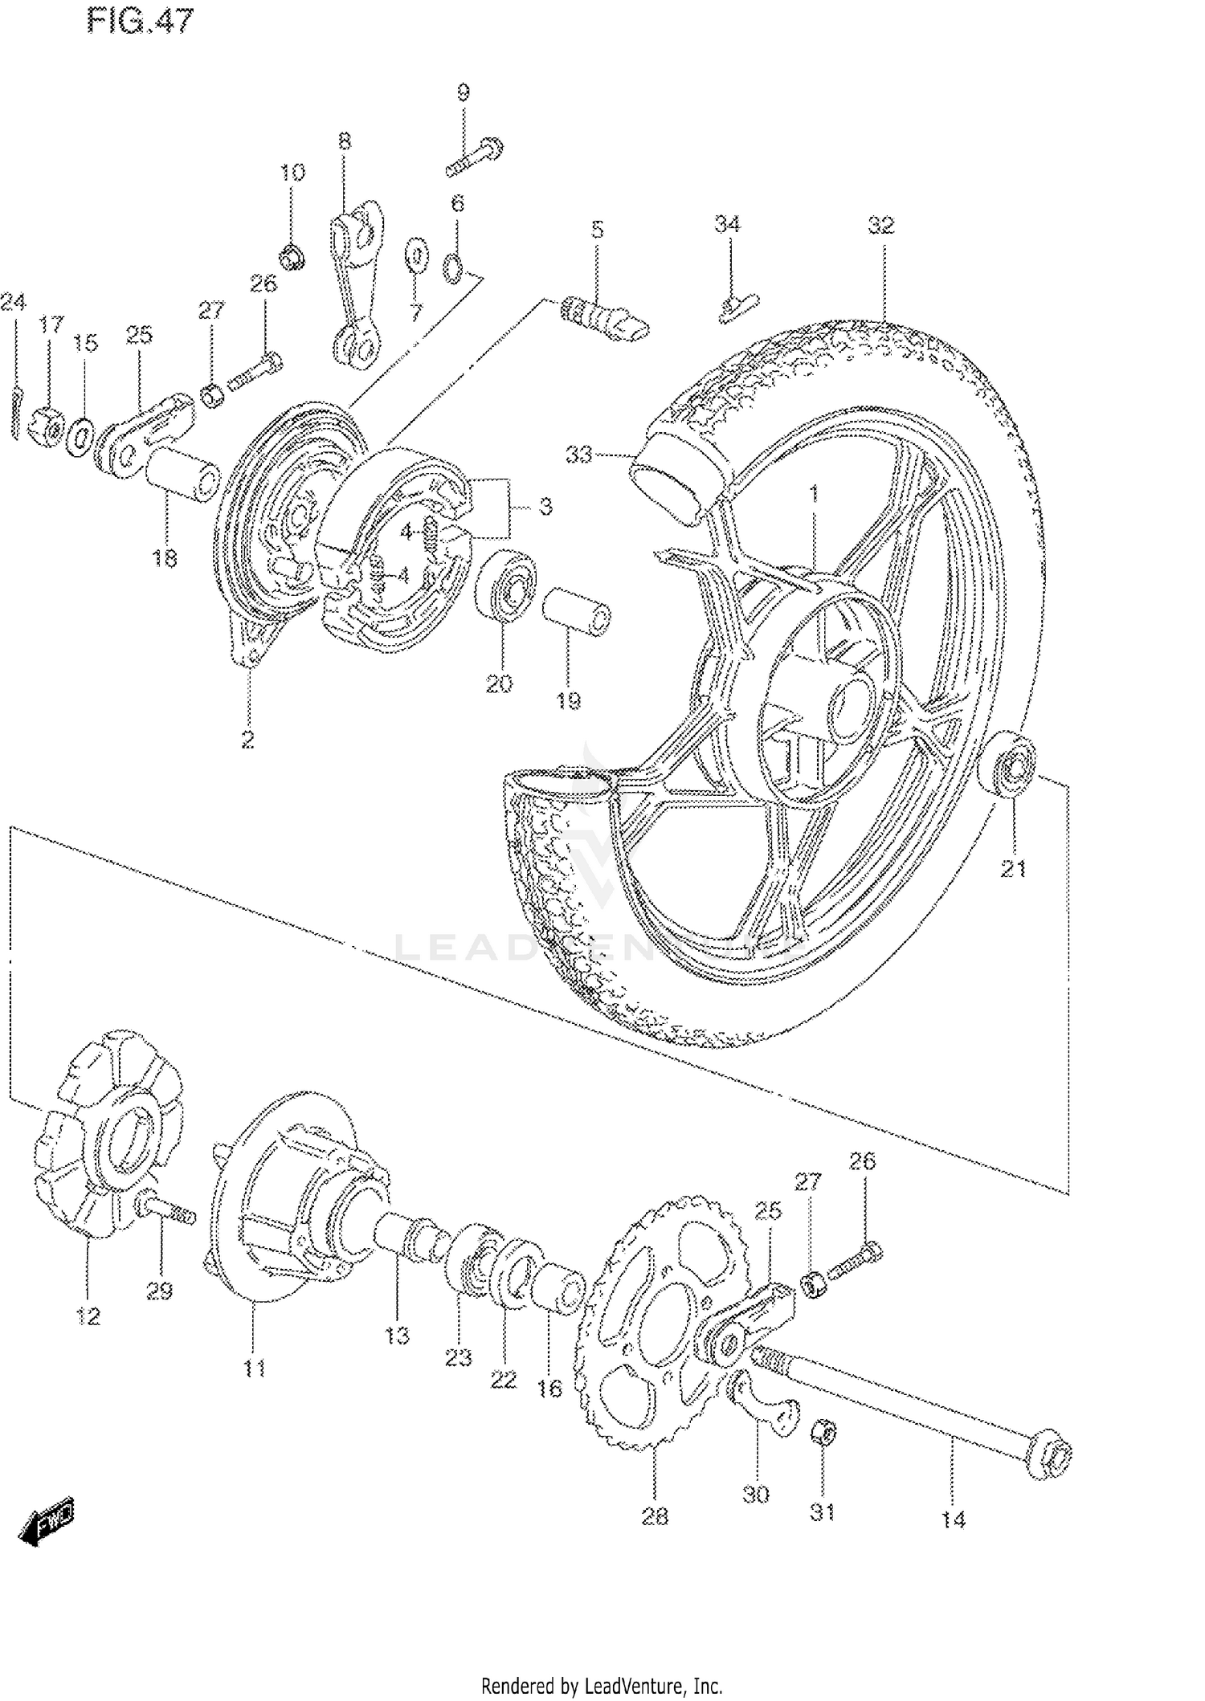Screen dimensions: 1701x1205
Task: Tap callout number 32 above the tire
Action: pos(880,226)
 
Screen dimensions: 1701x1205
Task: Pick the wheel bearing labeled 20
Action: pos(506,585)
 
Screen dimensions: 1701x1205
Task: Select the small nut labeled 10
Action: pos(293,258)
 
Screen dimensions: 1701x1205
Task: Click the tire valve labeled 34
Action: pos(735,307)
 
